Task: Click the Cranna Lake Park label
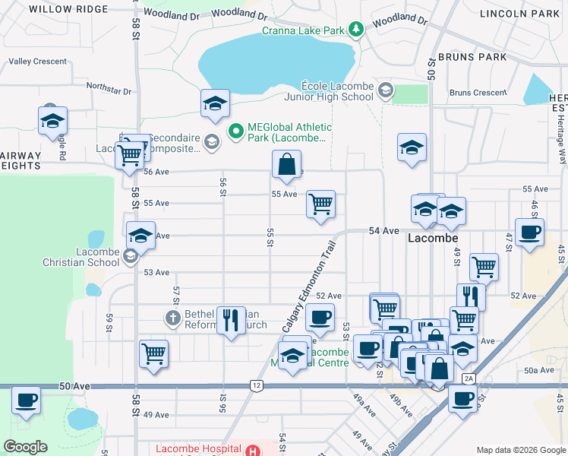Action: tap(305, 30)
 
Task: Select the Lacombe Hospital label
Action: tap(198, 449)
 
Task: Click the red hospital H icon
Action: tap(252, 450)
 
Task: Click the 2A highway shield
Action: tap(469, 378)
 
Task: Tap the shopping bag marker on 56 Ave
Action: tap(286, 165)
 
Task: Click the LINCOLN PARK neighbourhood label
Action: tap(525, 14)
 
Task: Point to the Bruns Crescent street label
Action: tap(478, 93)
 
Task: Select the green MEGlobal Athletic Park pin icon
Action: tap(235, 131)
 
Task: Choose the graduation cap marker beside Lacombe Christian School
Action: tap(140, 236)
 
